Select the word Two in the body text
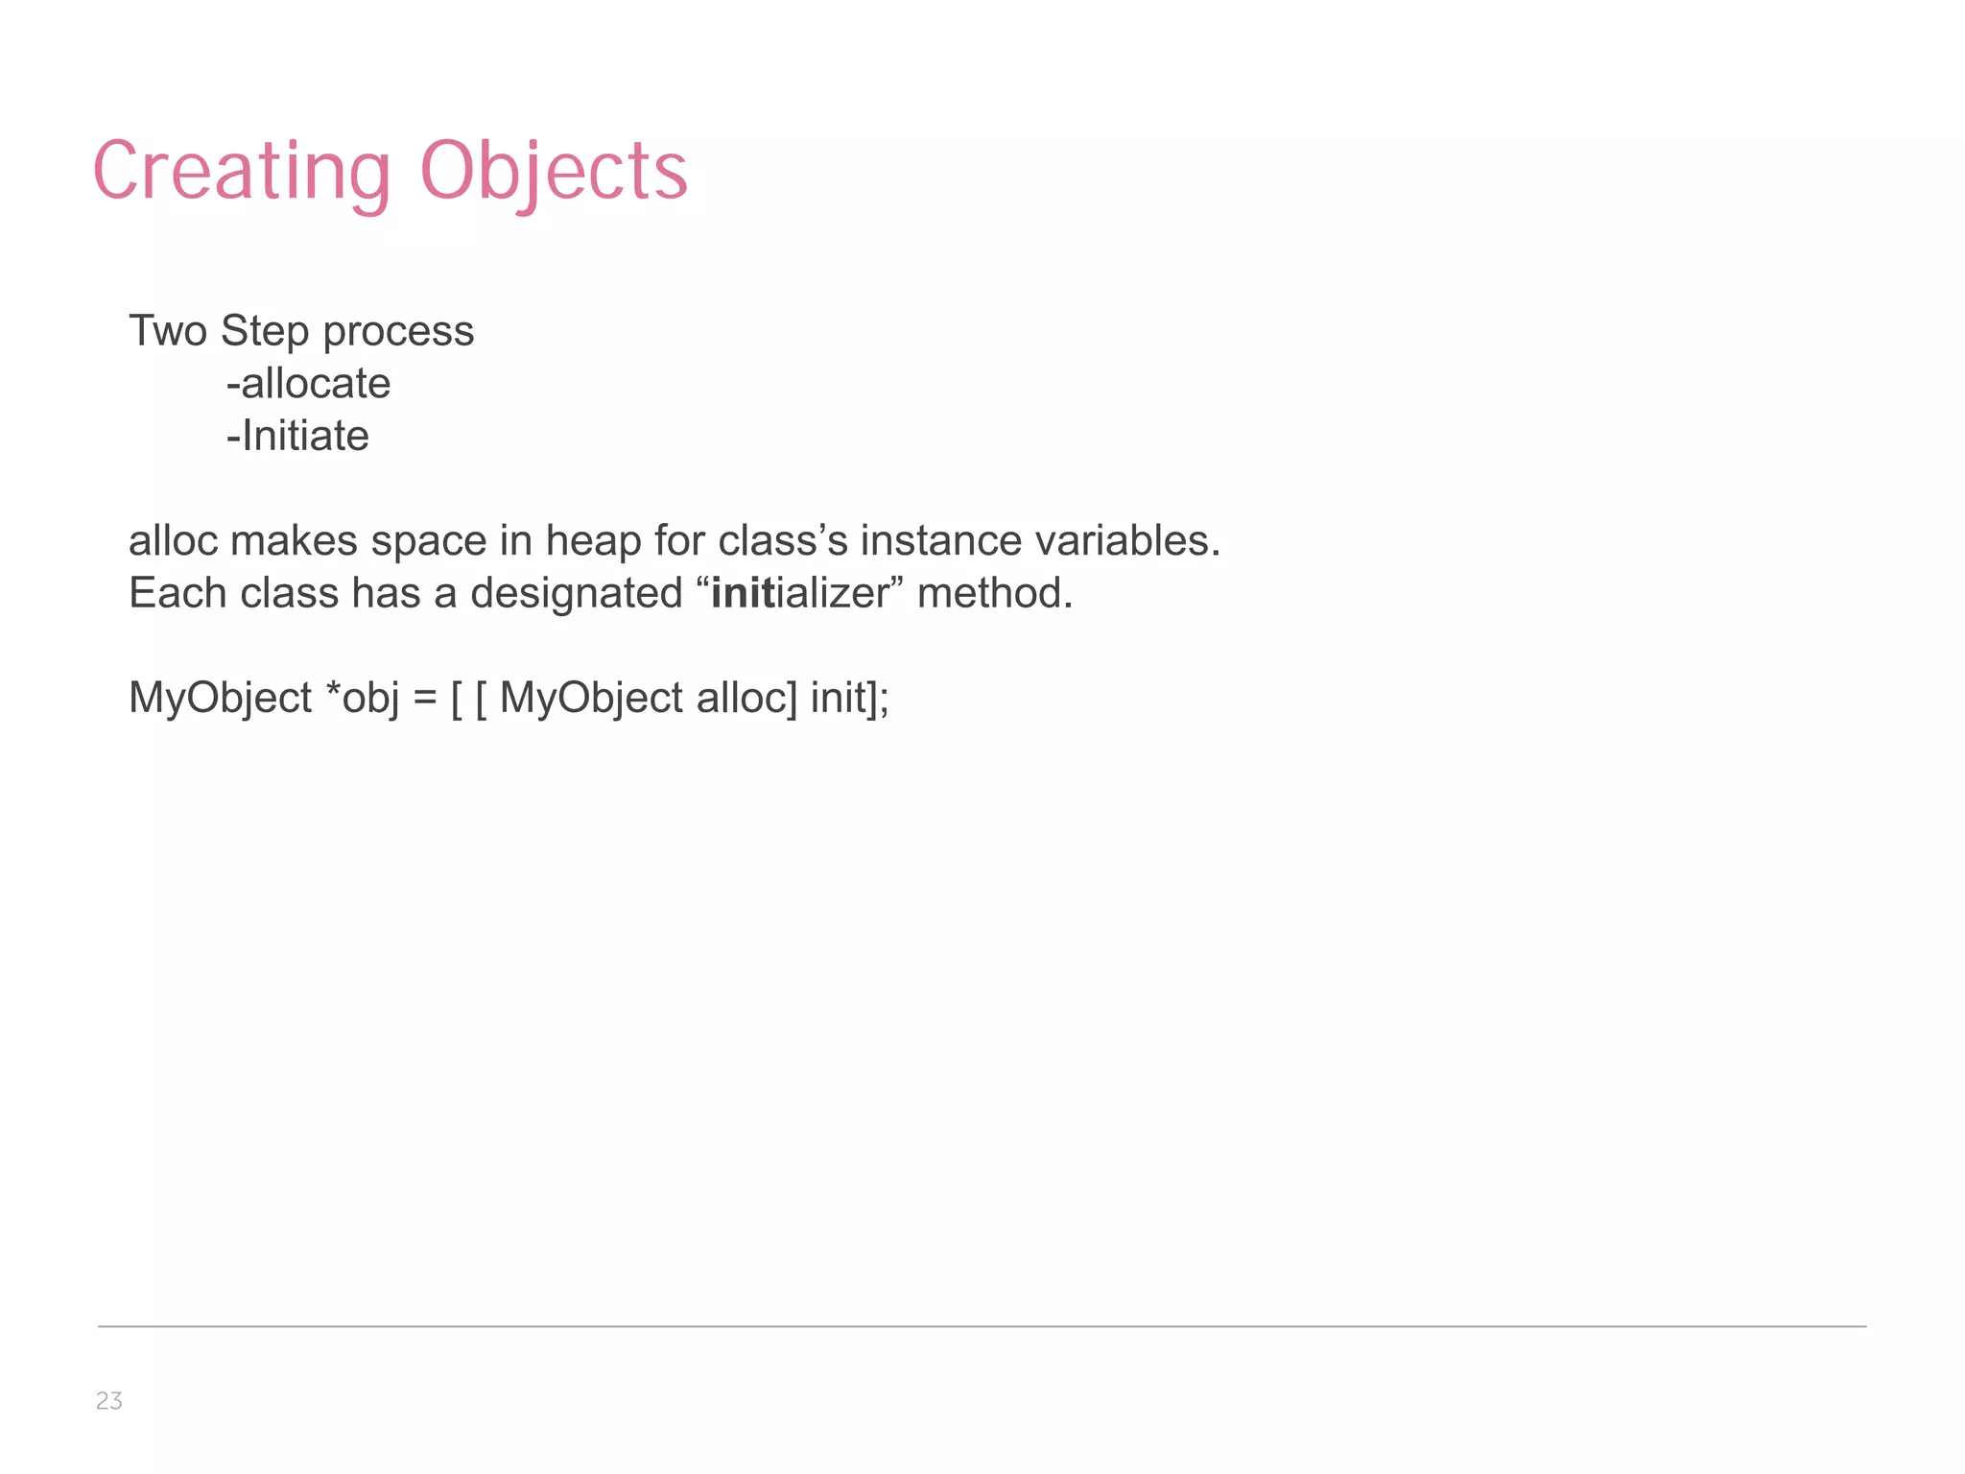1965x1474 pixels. pos(168,331)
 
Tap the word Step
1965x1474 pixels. pos(265,331)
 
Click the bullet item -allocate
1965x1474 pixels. pos(308,384)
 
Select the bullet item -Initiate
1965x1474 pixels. pos(297,437)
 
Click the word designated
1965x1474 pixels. pos(576,594)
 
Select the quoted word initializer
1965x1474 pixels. pos(800,594)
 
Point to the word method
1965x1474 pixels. pos(994,593)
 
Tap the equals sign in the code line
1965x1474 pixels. pos(425,699)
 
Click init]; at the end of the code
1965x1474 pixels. pos(850,698)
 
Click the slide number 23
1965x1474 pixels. pos(109,1401)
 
